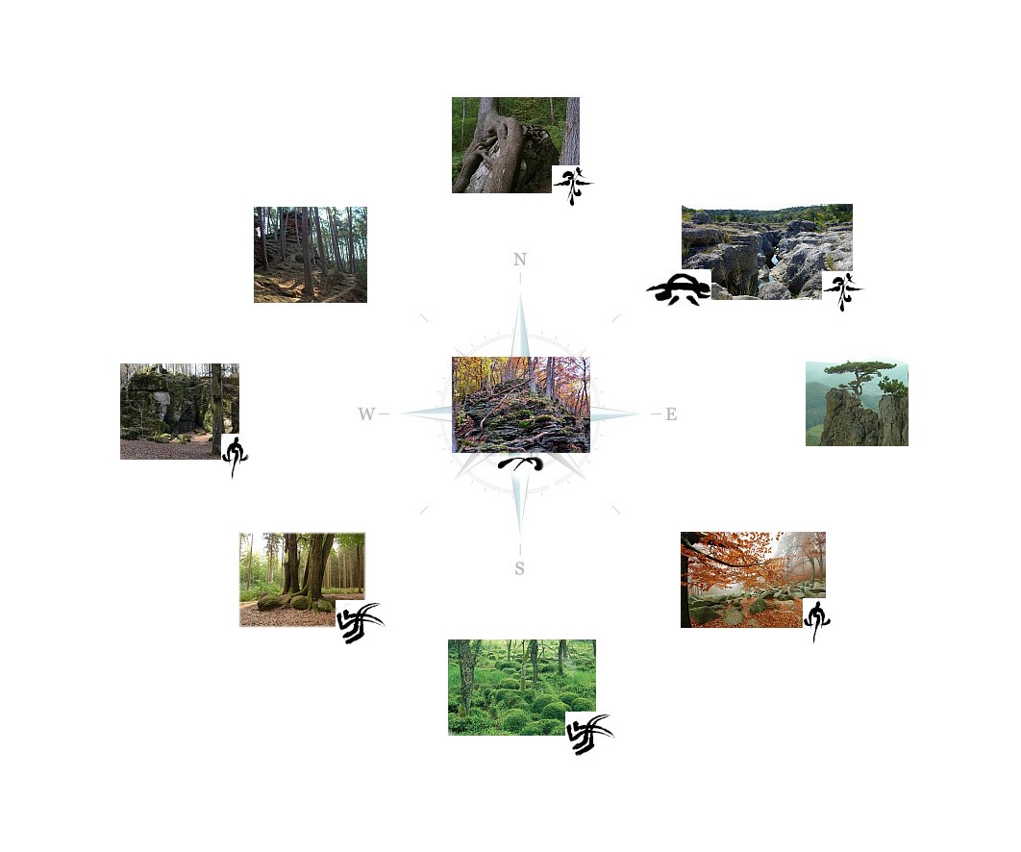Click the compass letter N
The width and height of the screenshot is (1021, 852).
(519, 260)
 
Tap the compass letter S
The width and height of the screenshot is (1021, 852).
(519, 568)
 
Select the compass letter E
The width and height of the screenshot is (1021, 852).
(671, 414)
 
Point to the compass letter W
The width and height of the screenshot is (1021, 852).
(366, 414)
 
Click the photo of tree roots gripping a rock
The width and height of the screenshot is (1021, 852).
(515, 145)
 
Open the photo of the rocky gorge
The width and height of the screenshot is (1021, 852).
(767, 251)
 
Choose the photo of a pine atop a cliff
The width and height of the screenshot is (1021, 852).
(857, 404)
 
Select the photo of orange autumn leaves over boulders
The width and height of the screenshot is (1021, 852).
(753, 580)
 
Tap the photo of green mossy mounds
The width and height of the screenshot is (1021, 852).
(522, 688)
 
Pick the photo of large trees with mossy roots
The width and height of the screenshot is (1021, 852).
(302, 580)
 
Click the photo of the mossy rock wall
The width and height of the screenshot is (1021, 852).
(179, 412)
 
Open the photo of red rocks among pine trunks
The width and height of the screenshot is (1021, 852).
(310, 255)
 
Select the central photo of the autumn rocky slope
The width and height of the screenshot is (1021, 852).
(521, 405)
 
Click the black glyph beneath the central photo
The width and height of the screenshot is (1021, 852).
(520, 464)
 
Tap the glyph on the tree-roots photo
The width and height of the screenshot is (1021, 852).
(573, 186)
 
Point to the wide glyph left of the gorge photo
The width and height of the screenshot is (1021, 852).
(679, 289)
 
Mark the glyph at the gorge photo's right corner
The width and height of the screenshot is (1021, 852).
(843, 291)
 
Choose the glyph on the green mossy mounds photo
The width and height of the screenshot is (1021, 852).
(589, 734)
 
